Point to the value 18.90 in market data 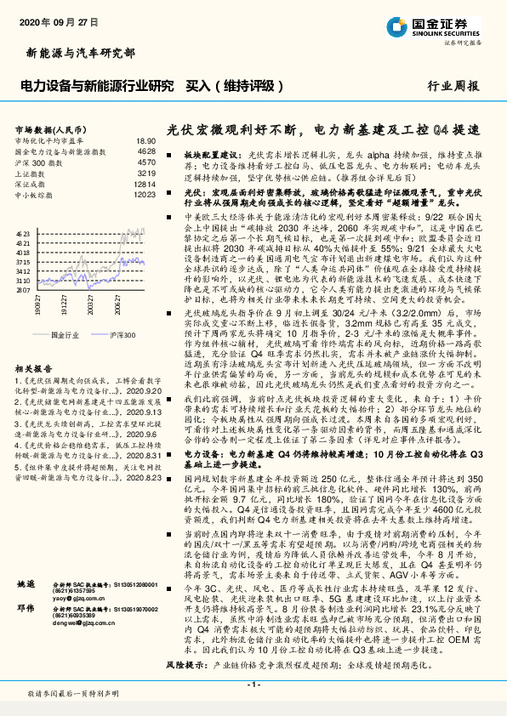pos(145,140)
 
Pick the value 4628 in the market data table pos(145,151)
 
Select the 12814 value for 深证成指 pos(144,183)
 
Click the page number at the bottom pos(253,685)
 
